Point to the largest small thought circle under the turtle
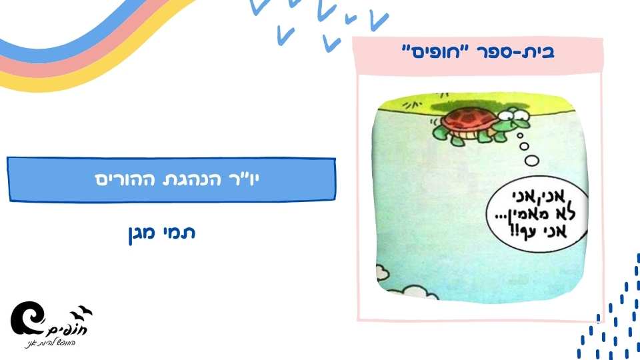pyautogui.click(x=532, y=159)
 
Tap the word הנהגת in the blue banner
pyautogui.click(x=183, y=180)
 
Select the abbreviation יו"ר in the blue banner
pyautogui.click(x=236, y=180)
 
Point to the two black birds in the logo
pyautogui.click(x=84, y=310)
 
